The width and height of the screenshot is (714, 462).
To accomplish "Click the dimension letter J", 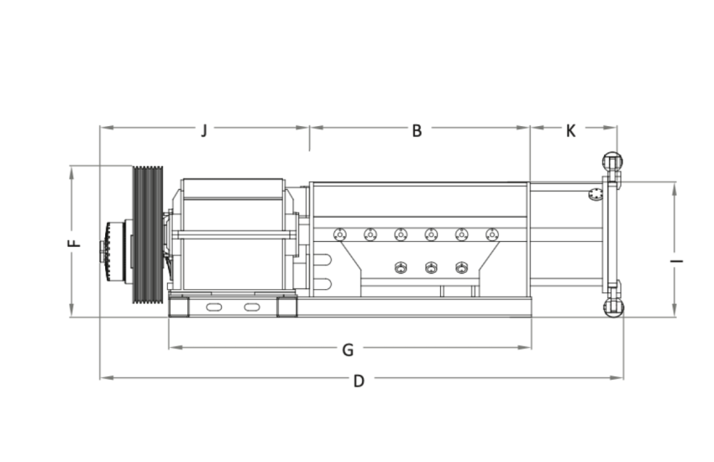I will click(x=203, y=130).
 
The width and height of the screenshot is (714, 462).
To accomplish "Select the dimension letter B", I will click(x=417, y=130).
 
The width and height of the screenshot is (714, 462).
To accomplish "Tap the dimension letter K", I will click(x=571, y=130).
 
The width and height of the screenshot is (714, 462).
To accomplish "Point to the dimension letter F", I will click(x=74, y=243).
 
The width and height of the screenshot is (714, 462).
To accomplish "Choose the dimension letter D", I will click(x=359, y=381).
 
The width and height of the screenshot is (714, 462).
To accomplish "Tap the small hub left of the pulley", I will click(x=113, y=250).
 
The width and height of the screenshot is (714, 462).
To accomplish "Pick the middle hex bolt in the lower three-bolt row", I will click(x=431, y=268).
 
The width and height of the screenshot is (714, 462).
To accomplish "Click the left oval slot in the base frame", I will click(x=215, y=307).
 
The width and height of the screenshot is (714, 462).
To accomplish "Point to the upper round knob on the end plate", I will click(x=612, y=161).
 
